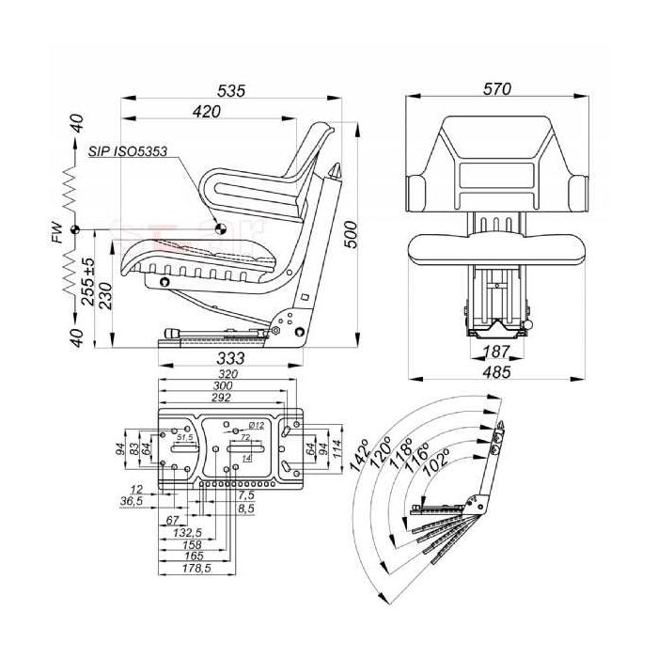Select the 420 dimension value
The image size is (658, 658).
(x=206, y=112)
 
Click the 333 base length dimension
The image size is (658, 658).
(x=230, y=358)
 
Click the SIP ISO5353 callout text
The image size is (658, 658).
(x=129, y=150)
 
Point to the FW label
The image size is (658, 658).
(x=59, y=229)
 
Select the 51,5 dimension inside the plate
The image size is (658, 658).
(x=184, y=437)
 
